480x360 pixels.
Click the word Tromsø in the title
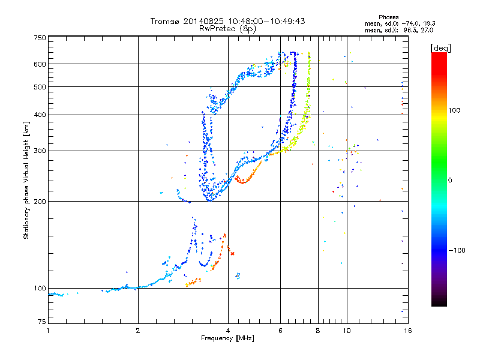pos(164,21)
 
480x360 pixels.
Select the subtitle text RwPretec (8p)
pos(227,29)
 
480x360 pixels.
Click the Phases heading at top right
pos(388,17)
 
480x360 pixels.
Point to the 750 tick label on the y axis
pos(40,38)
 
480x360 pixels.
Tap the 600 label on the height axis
pos(40,64)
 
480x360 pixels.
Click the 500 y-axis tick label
pos(40,87)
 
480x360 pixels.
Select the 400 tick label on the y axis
pos(40,115)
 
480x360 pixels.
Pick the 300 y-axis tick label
pos(40,151)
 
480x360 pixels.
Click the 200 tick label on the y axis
pos(40,202)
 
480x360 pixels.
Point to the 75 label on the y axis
pos(42,322)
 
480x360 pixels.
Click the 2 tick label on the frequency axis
pos(138,331)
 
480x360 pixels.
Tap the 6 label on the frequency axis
pos(280,331)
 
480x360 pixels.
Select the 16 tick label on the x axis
pos(408,331)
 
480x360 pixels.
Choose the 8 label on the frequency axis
pos(318,331)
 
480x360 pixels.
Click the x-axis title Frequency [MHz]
pos(227,338)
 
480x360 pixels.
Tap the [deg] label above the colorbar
pos(440,48)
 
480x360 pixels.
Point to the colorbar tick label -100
pos(457,250)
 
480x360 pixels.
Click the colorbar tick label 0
pos(450,181)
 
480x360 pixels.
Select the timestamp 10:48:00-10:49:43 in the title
pos(266,21)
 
